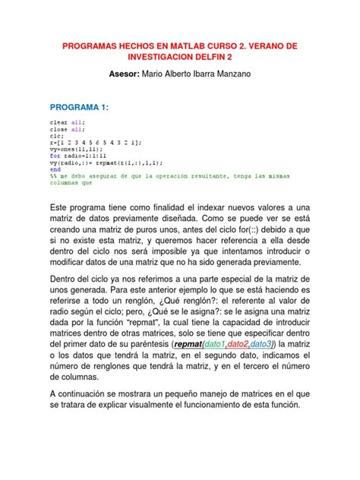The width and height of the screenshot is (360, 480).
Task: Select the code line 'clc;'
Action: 57,134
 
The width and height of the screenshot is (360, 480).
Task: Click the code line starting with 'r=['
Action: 95,141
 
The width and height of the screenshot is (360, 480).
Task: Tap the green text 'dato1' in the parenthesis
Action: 215,344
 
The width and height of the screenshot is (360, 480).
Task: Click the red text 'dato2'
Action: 246,344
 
